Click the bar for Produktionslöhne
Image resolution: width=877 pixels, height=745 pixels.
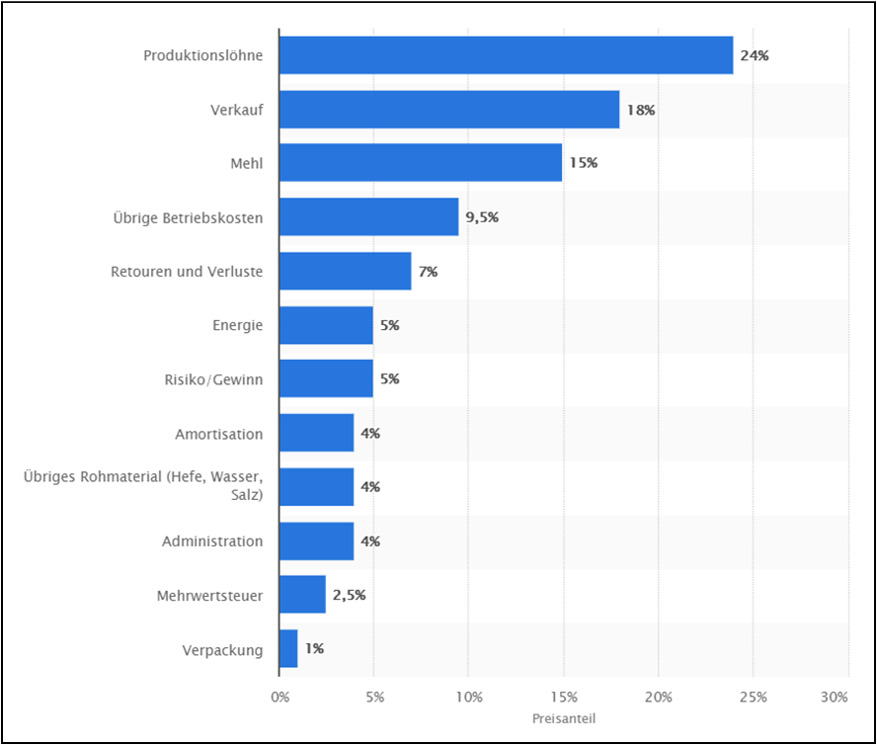506,55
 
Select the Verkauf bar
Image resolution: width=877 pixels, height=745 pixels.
449,110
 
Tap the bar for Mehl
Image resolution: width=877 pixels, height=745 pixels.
421,163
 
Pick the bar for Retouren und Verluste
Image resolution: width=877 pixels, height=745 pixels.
345,271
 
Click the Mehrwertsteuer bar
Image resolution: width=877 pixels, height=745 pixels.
302,595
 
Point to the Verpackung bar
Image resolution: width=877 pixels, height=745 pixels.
288,649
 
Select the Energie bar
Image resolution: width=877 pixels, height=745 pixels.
326,325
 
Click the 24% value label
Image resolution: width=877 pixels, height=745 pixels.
755,55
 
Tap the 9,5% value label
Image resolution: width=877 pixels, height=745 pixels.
482,217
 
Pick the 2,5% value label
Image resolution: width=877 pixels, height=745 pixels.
349,595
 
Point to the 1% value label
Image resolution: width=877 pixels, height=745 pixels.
314,649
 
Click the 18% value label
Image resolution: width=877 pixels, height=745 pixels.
641,110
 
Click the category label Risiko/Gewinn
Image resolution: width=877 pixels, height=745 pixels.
214,379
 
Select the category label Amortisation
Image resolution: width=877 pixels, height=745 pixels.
219,434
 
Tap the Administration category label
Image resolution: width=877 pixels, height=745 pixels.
212,541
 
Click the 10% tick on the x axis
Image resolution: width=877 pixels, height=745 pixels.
469,698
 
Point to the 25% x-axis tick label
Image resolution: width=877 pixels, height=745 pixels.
753,698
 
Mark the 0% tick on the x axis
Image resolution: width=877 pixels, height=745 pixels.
280,698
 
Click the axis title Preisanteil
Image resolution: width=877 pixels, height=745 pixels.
563,719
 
